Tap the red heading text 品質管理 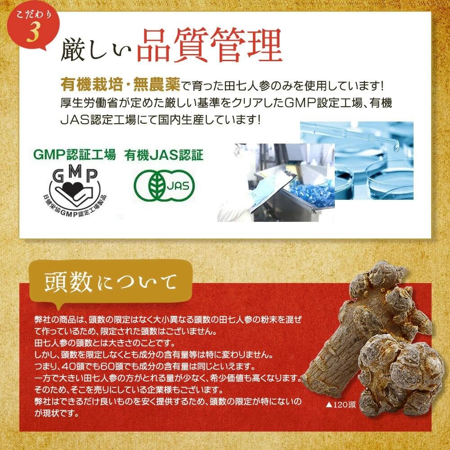(209, 46)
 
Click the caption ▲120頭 (341, 404)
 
